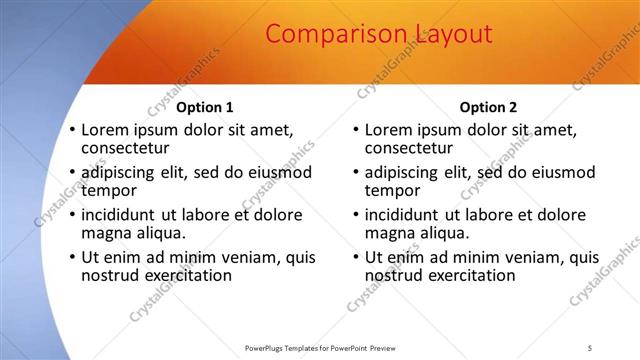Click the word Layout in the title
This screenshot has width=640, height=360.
448,34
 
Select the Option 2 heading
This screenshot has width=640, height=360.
488,107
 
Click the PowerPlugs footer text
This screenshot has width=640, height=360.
319,348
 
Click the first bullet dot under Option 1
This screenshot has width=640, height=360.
72,130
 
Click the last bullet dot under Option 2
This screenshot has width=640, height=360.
356,257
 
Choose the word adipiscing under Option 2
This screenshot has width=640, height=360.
403,172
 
